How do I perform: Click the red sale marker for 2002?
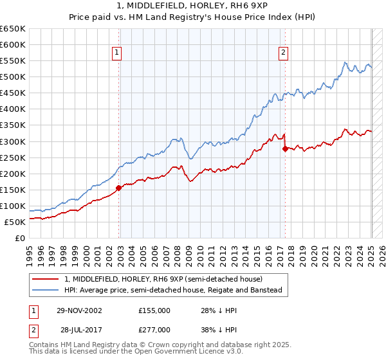click(119, 188)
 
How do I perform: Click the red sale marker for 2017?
click(285, 148)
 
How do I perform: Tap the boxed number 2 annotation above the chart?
click(284, 53)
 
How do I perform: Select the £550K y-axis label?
click(13, 61)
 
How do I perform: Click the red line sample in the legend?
click(46, 280)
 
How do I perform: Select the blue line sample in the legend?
click(46, 291)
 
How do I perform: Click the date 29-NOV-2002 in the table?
click(79, 310)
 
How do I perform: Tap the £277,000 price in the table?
click(154, 328)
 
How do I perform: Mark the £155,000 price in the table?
click(154, 310)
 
